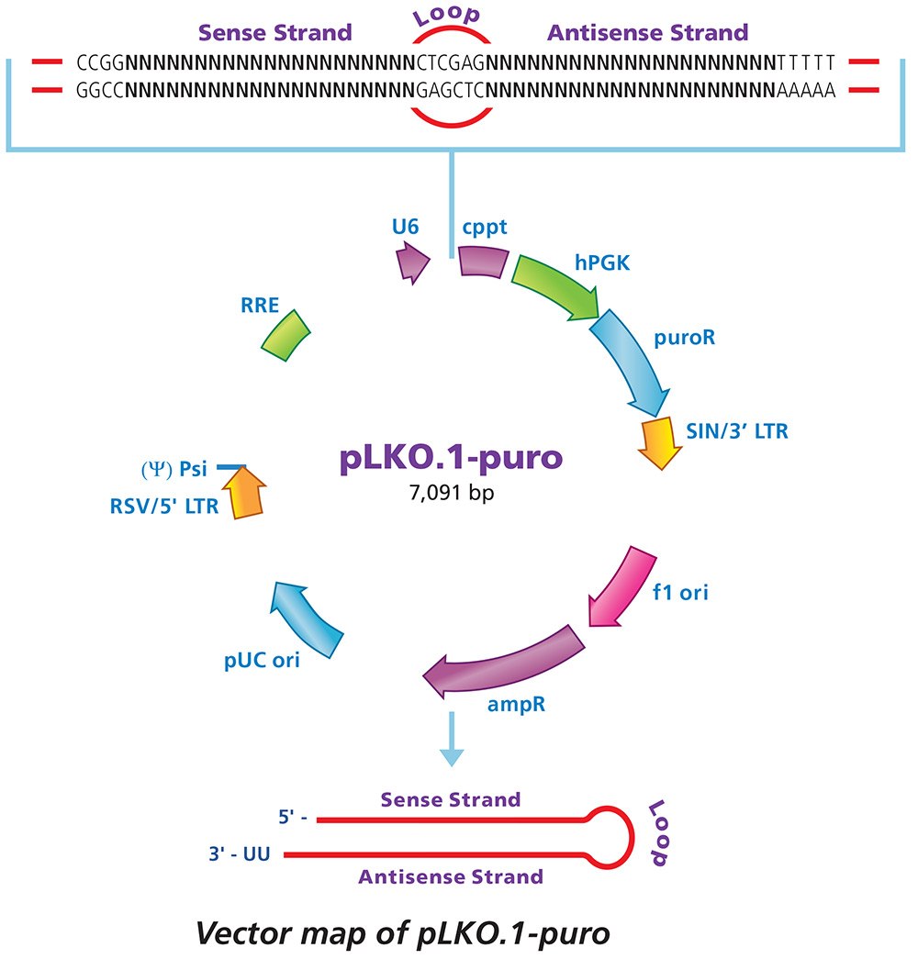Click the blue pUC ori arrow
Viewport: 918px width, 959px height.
pos(306,610)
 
